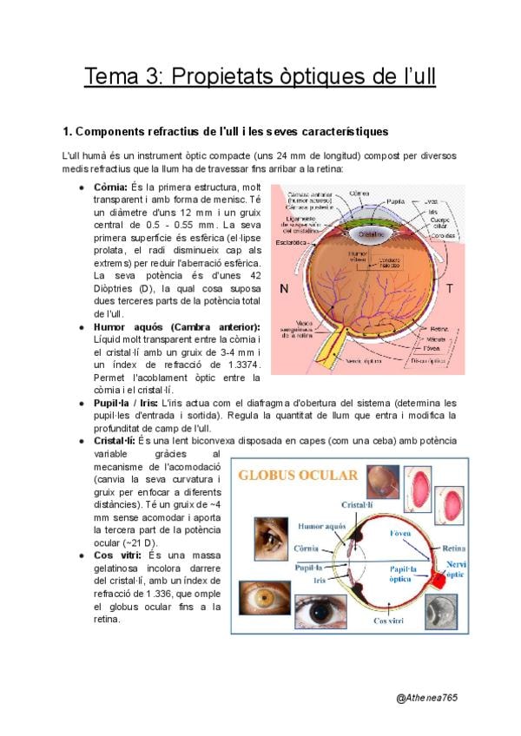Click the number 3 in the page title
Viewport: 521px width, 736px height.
click(155, 76)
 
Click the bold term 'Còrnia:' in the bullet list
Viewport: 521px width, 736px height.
click(110, 187)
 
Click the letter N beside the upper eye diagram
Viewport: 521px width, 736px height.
click(283, 287)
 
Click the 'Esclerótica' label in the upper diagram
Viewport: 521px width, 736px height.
click(293, 242)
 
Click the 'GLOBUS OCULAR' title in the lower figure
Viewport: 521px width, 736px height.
click(298, 476)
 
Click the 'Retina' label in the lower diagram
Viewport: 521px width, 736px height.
click(454, 549)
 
